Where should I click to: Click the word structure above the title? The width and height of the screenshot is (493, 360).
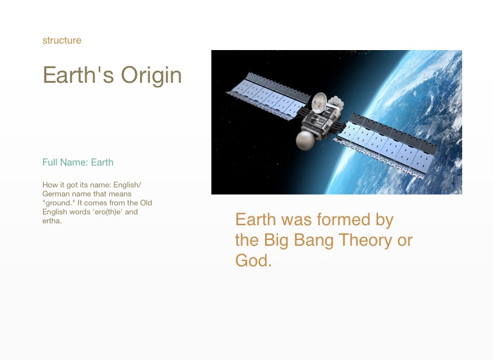(x=62, y=40)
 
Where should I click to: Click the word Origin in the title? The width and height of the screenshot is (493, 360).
(x=151, y=76)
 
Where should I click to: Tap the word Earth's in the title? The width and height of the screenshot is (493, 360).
(x=78, y=75)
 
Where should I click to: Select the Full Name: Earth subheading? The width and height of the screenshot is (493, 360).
(x=78, y=162)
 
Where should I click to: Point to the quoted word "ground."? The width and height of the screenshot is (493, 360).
(x=59, y=203)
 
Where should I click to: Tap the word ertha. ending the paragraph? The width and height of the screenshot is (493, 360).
(x=52, y=221)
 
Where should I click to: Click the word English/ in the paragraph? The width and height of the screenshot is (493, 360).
(x=127, y=185)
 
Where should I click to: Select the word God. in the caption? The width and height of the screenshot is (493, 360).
(x=254, y=261)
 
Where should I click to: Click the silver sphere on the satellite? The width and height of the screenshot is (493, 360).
(x=306, y=141)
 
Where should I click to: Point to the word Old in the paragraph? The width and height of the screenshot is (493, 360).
(x=146, y=203)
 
